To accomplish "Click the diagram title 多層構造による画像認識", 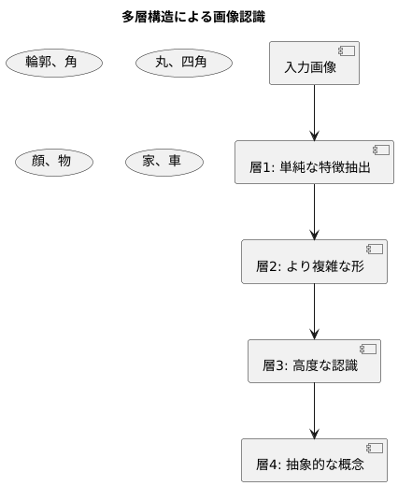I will [199, 17].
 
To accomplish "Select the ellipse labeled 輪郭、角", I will [53, 63].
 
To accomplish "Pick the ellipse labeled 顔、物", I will [53, 162].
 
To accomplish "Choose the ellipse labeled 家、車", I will [164, 162].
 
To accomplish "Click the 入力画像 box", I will [314, 64].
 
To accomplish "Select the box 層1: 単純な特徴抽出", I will [314, 163].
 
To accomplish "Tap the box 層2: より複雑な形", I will [314, 262].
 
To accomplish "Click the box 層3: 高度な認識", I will [314, 361].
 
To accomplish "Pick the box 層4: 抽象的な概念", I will [314, 459].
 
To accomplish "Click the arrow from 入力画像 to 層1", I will [314, 112].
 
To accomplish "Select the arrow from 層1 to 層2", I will [314, 211].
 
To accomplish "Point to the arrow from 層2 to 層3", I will [314, 310].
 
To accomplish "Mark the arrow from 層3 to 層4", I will [314, 409].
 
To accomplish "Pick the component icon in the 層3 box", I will [368, 349].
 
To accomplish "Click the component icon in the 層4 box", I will [375, 448].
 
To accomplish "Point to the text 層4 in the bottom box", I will [269, 465].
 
